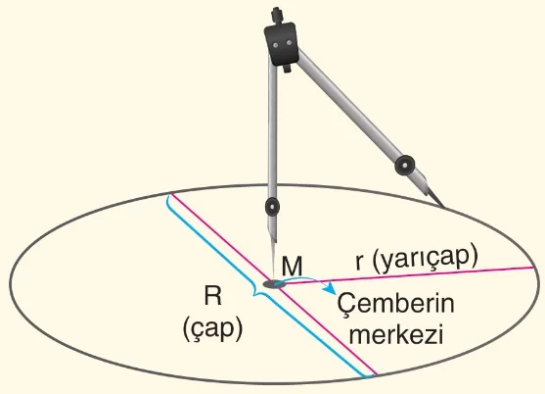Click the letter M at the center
tap(292, 267)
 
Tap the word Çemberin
tap(395, 304)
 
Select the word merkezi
tap(396, 334)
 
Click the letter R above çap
tap(212, 297)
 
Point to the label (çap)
tap(212, 328)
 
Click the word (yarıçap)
tap(425, 260)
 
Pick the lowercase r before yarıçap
tap(359, 263)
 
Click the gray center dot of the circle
tap(275, 283)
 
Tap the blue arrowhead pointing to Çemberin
tap(331, 288)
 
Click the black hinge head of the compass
tap(281, 43)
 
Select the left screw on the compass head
tap(275, 45)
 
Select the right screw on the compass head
tap(289, 43)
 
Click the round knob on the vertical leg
tap(272, 207)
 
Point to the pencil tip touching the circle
tap(443, 206)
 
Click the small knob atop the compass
tap(276, 15)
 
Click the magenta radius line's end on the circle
tap(534, 268)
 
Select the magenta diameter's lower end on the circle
tap(377, 374)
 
